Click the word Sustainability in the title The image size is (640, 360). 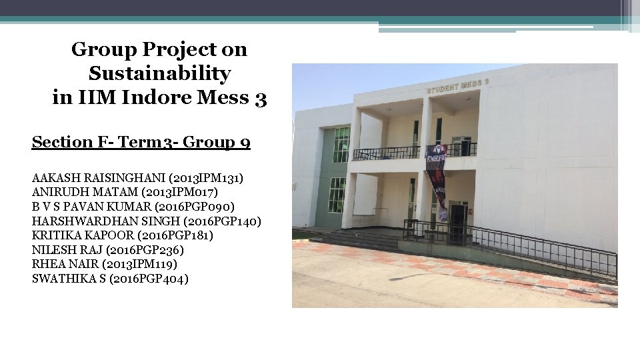click(x=159, y=73)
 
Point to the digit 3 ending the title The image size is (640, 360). click(x=261, y=99)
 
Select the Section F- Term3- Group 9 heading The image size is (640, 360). click(x=141, y=142)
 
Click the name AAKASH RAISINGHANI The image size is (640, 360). click(x=99, y=179)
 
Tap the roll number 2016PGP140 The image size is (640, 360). click(x=223, y=221)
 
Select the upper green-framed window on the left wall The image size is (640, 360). click(x=341, y=145)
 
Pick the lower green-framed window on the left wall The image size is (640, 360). click(x=337, y=194)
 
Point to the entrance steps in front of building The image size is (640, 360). click(x=360, y=238)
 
